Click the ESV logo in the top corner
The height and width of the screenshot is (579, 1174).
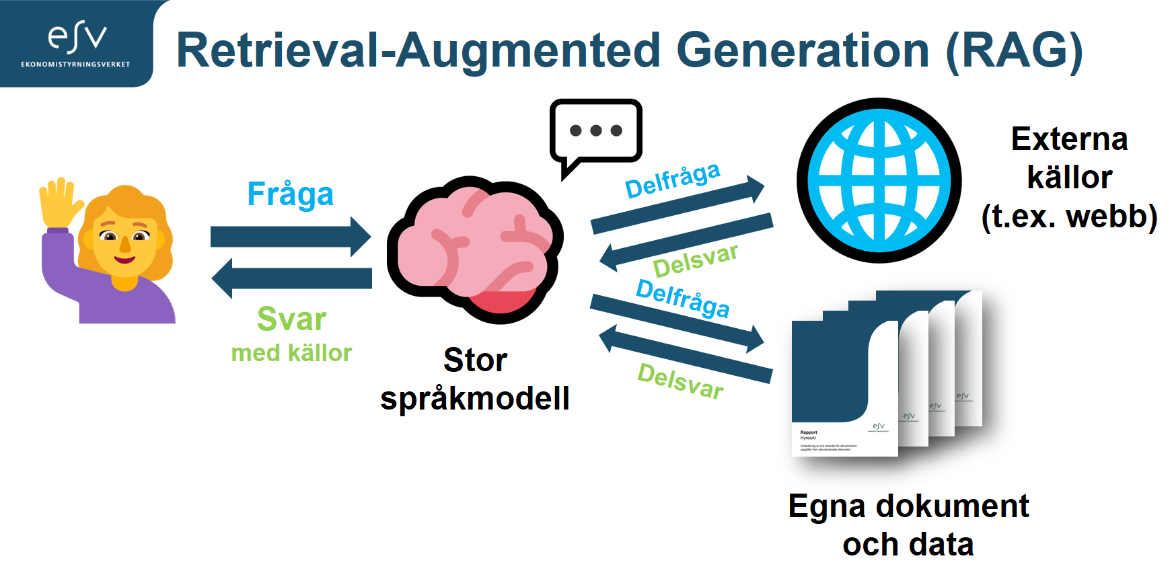[x=76, y=42]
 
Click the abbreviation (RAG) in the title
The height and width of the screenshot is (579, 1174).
[x=1014, y=51]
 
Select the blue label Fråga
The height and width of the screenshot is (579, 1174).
[x=290, y=194]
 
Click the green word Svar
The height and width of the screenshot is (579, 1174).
[x=291, y=319]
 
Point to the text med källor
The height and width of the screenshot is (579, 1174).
[x=291, y=353]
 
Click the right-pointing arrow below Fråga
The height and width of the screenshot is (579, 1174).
[x=290, y=237]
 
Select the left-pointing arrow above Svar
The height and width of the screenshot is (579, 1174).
[x=291, y=278]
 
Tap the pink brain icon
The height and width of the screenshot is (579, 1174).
[x=475, y=249]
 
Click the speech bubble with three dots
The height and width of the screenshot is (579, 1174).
[x=595, y=132]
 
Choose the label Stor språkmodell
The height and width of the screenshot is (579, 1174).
[x=475, y=379]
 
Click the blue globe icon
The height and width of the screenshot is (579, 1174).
[x=879, y=180]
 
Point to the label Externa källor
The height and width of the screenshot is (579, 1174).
[x=1069, y=178]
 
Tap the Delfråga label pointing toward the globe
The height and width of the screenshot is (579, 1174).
[x=672, y=180]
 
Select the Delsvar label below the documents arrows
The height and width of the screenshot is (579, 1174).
[x=680, y=381]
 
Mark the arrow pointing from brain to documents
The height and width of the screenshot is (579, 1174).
[x=676, y=322]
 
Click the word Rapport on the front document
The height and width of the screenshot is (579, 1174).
[x=809, y=432]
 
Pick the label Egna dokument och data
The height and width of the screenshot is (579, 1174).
[x=908, y=525]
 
